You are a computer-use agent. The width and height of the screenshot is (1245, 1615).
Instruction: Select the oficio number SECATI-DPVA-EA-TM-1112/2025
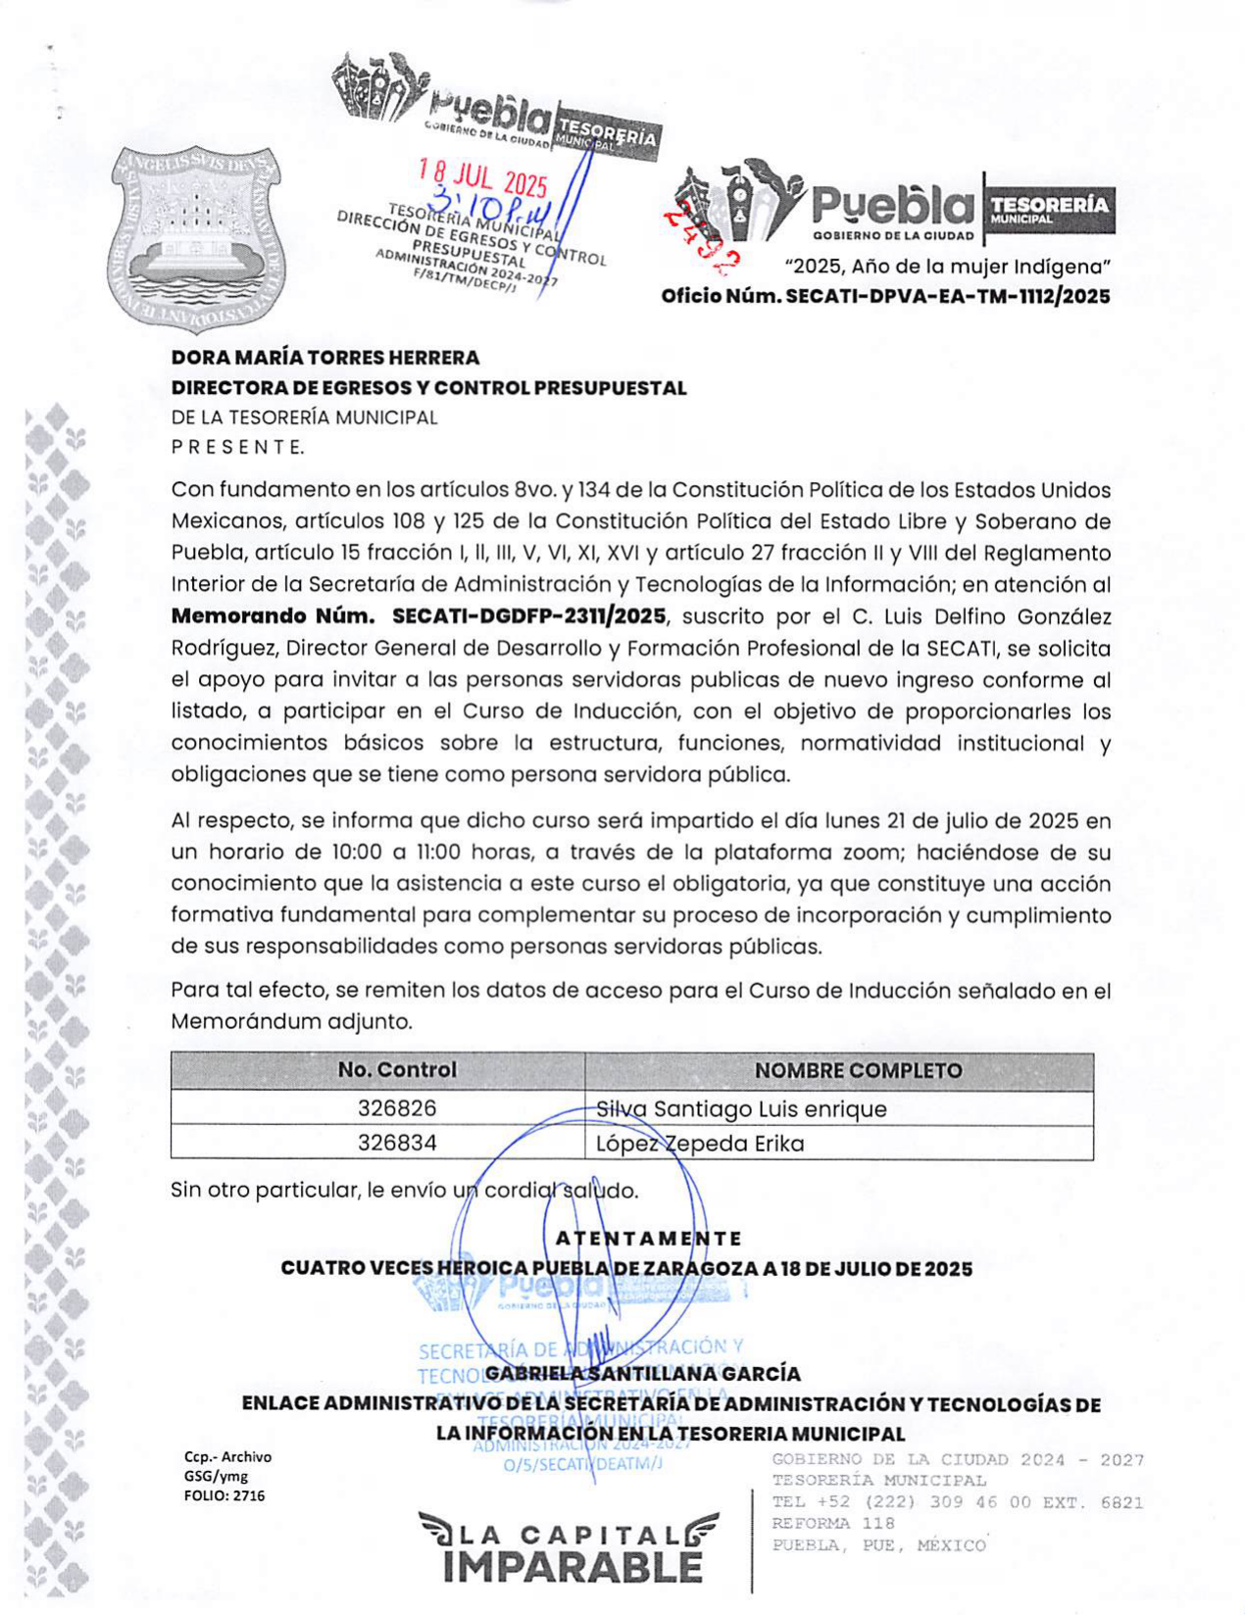[885, 296]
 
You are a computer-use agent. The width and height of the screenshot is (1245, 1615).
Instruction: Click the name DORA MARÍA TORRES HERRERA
[324, 358]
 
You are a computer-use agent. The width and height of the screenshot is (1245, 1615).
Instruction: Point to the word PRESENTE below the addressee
[237, 448]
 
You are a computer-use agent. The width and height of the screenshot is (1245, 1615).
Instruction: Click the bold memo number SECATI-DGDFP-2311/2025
[528, 616]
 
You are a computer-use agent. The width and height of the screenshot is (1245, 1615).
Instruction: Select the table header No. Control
[397, 1070]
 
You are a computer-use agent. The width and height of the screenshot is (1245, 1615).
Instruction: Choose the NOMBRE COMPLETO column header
[858, 1070]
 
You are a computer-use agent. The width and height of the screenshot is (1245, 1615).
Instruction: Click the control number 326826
[397, 1108]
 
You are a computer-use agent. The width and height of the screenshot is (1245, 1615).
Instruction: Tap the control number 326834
[397, 1143]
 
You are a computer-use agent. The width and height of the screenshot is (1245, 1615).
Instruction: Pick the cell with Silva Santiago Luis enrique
[741, 1108]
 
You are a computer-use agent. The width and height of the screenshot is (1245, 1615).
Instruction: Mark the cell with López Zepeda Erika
[700, 1144]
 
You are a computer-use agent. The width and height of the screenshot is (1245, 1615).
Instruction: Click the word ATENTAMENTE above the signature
[648, 1239]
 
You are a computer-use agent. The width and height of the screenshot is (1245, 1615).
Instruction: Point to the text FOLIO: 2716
[224, 1495]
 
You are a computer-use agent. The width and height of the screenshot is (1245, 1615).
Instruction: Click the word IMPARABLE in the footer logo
[573, 1566]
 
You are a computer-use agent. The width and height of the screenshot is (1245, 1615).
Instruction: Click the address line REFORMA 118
[833, 1524]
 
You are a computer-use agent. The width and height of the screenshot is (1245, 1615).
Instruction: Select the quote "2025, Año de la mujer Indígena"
[947, 266]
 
